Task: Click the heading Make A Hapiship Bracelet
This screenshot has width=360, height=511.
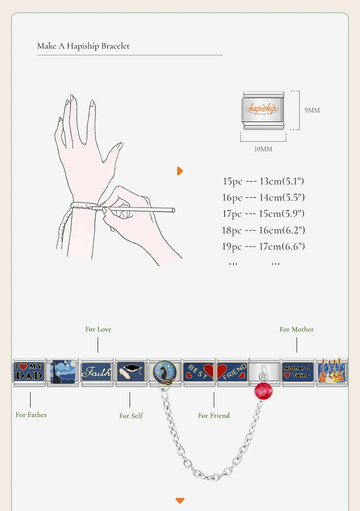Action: pyautogui.click(x=83, y=46)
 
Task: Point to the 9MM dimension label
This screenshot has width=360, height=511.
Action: pyautogui.click(x=312, y=110)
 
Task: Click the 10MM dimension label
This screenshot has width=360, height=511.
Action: pyautogui.click(x=263, y=149)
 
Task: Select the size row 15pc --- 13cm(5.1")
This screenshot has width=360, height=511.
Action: pyautogui.click(x=264, y=181)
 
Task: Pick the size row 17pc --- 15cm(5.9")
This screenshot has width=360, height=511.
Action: pyautogui.click(x=264, y=214)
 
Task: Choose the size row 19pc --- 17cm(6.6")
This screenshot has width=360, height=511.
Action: pyautogui.click(x=264, y=247)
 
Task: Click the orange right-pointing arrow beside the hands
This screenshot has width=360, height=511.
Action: pyautogui.click(x=180, y=171)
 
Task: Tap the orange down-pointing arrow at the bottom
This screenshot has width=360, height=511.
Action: pyautogui.click(x=180, y=501)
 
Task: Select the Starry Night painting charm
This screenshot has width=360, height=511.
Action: pyautogui.click(x=63, y=372)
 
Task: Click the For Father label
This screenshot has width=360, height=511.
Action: pyautogui.click(x=31, y=415)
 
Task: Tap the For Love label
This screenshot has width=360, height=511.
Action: pyautogui.click(x=98, y=329)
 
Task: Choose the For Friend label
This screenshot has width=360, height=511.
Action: pyautogui.click(x=214, y=416)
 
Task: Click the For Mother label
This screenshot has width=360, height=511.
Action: pyautogui.click(x=297, y=329)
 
